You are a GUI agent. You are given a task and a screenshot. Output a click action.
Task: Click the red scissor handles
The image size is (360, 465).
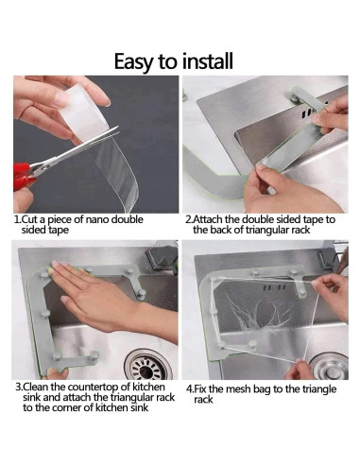click(x=24, y=177)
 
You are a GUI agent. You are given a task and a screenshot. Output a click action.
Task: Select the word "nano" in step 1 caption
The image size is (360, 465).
click(x=97, y=219)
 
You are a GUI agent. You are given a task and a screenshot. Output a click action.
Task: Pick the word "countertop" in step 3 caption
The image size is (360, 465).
click(x=100, y=387)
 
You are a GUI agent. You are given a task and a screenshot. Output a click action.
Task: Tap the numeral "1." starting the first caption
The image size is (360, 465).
click(x=18, y=219)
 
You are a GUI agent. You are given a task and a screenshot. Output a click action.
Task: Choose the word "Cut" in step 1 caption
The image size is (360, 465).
click(x=27, y=219)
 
